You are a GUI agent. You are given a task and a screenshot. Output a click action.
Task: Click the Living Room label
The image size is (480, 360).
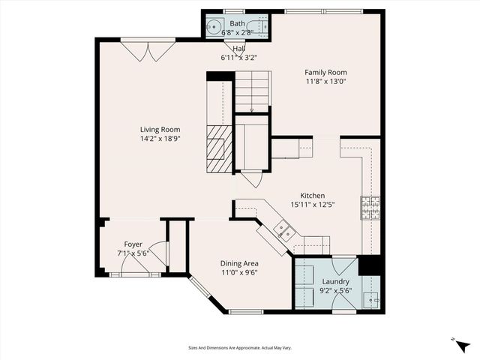pyautogui.click(x=160, y=129)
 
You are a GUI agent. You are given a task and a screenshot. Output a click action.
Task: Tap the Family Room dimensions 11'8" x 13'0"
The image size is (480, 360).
pyautogui.click(x=325, y=82)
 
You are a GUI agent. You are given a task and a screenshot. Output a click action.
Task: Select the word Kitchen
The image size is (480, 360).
pyautogui.click(x=312, y=195)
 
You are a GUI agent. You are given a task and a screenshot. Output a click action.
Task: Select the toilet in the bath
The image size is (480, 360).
pyautogui.click(x=262, y=27)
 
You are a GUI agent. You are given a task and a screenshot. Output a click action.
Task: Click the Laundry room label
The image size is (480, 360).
pyautogui.click(x=335, y=281)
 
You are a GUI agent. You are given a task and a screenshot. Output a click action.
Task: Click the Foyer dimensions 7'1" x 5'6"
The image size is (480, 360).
pyautogui.click(x=133, y=254)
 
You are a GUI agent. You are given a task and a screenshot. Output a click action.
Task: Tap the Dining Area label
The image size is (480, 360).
pyautogui.click(x=239, y=263)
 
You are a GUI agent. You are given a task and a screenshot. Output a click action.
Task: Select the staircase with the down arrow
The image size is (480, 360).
pyautogui.click(x=252, y=91)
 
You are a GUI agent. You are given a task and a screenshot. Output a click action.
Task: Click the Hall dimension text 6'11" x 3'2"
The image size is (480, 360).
pyautogui.click(x=238, y=58)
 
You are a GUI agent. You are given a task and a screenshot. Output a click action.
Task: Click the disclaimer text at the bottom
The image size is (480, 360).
pyautogui.click(x=240, y=347)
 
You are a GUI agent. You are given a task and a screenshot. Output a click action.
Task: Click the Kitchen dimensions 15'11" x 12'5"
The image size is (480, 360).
pyautogui.click(x=312, y=205)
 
